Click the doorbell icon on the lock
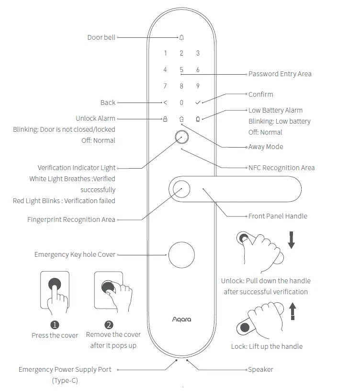click(x=181, y=37)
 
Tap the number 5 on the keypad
click(x=181, y=69)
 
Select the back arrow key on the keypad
click(x=165, y=103)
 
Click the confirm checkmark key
click(x=198, y=103)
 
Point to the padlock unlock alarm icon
click(x=165, y=118)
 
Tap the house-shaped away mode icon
click(x=181, y=118)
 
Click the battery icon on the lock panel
click(x=198, y=118)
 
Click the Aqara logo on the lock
click(x=181, y=319)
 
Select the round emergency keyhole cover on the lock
click(x=181, y=254)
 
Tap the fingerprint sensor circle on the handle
click(x=181, y=189)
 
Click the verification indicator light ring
click(x=181, y=138)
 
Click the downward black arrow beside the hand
click(x=291, y=239)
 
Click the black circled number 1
click(x=55, y=325)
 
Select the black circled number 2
click(x=109, y=324)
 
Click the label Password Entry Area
click(x=280, y=74)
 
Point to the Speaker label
click(x=260, y=369)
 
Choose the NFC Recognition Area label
click(x=281, y=168)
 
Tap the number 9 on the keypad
click(x=198, y=86)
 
